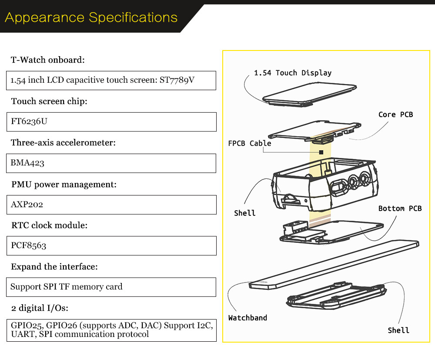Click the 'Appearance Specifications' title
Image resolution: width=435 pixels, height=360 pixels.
(91, 18)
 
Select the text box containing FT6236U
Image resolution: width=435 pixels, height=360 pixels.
(111, 121)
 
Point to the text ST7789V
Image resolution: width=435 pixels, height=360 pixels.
(180, 81)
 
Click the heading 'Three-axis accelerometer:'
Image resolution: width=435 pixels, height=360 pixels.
(63, 142)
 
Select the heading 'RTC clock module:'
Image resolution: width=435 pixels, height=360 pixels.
(49, 225)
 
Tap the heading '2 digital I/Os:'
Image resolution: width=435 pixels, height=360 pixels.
(40, 308)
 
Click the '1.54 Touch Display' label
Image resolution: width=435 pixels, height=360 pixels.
(293, 73)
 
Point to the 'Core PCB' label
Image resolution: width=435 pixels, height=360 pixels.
(395, 114)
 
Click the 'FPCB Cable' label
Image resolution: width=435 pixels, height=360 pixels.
(249, 143)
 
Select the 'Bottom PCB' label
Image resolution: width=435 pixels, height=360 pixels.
(400, 209)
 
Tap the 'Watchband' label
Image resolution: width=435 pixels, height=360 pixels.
(248, 318)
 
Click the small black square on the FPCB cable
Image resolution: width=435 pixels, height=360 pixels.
(321, 152)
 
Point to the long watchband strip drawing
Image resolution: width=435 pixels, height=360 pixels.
(335, 263)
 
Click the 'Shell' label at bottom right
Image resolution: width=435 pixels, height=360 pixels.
(398, 330)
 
